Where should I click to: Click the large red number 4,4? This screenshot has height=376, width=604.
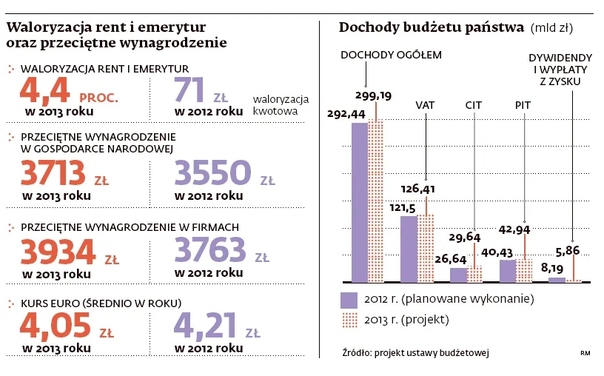45,92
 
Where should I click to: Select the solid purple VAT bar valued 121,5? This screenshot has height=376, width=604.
409,249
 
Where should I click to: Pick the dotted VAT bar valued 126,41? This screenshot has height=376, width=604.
426,248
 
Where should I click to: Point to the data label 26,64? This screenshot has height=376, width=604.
452,259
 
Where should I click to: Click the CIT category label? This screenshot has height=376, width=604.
474,105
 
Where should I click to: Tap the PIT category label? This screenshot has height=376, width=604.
523,105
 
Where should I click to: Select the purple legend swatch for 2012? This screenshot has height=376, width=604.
349,301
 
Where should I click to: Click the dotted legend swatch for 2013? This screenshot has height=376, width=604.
349,320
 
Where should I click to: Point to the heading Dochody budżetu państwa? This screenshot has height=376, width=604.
431,28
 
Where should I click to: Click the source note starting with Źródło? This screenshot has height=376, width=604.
416,352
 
